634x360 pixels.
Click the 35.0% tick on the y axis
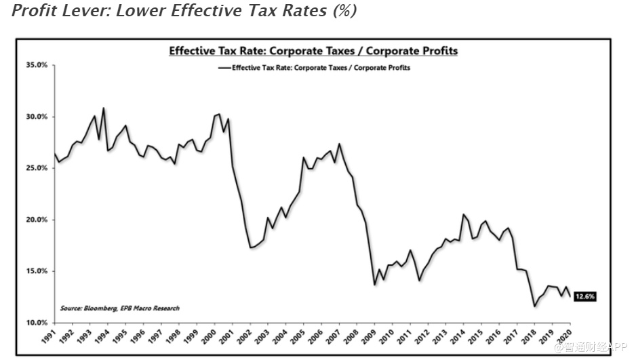coord(37,65)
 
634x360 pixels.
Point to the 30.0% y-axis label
coord(37,117)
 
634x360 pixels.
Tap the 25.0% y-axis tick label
coord(37,168)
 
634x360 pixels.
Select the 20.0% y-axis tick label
coord(37,220)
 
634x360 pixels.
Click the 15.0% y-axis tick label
coord(37,271)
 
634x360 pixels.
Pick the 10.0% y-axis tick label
coord(37,323)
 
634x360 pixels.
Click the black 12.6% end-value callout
coord(585,296)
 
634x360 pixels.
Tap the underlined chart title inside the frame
coord(313,51)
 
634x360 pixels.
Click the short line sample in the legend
coord(224,68)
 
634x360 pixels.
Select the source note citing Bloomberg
coord(120,308)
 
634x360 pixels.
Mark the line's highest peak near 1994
coord(103,108)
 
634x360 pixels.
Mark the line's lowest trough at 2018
coord(535,306)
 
